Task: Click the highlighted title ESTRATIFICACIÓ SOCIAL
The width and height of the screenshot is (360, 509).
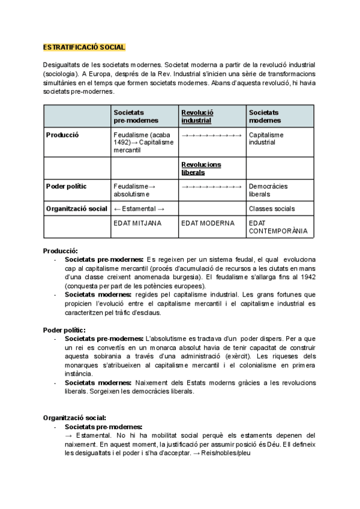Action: click(x=84, y=47)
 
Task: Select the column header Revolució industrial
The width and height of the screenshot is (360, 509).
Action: click(x=197, y=116)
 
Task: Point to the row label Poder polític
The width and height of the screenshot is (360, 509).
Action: click(x=66, y=186)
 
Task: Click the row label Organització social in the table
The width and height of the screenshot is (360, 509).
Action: click(x=76, y=209)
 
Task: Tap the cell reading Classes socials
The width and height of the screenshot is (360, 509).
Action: click(x=271, y=209)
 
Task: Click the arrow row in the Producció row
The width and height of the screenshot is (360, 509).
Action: click(x=211, y=135)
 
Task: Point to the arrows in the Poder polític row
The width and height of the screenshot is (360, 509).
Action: click(x=211, y=186)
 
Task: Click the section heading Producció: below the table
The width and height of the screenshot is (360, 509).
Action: click(x=61, y=250)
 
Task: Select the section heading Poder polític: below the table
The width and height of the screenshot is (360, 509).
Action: click(x=64, y=330)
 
